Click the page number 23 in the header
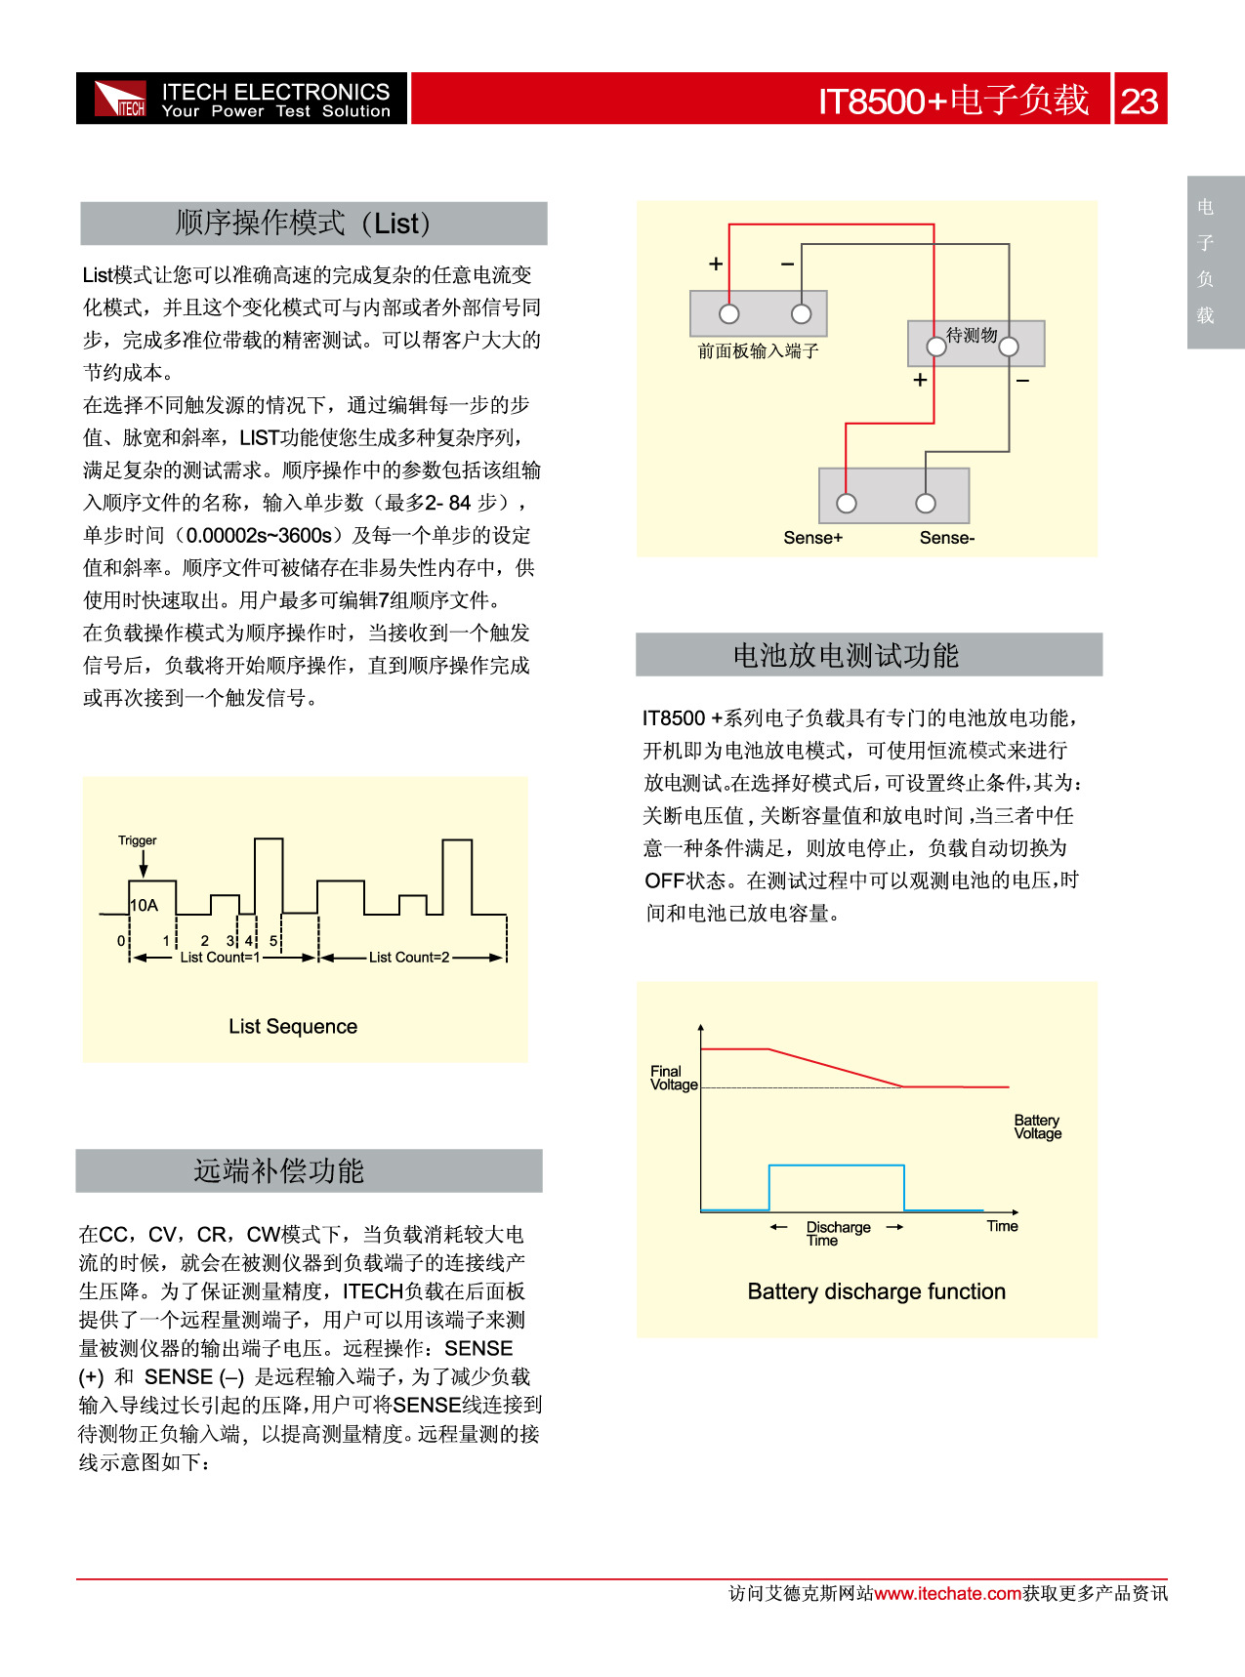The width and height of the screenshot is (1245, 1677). pos(1139,101)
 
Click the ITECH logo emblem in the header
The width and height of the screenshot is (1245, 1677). pos(120,99)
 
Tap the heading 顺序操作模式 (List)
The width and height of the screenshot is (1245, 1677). pos(303,223)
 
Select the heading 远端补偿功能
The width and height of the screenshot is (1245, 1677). pos(278,1170)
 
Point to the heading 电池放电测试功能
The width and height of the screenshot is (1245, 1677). pos(846,655)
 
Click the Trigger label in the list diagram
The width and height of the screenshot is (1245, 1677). pos(138,840)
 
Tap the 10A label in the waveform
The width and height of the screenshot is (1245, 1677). pos(144,905)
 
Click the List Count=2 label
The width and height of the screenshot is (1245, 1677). pos(409,958)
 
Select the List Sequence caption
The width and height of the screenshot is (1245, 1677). pos(293,1026)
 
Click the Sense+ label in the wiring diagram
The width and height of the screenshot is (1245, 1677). pos(812,538)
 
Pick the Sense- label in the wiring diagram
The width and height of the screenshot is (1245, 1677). pos(946,538)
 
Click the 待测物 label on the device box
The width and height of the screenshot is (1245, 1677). pos(972,335)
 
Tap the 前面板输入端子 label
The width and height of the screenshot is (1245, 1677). pos(758,351)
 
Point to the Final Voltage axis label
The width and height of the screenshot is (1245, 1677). pos(674,1078)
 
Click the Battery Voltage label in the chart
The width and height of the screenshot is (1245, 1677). pos(1037,1126)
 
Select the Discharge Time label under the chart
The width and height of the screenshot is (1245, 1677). pos(837,1233)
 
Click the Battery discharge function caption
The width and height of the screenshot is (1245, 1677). pos(876,1291)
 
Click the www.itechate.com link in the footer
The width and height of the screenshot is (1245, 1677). pos(947,1593)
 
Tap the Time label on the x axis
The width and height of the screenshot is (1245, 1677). pos(1002,1226)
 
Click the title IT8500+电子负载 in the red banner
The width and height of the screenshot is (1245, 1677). pos(953,101)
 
